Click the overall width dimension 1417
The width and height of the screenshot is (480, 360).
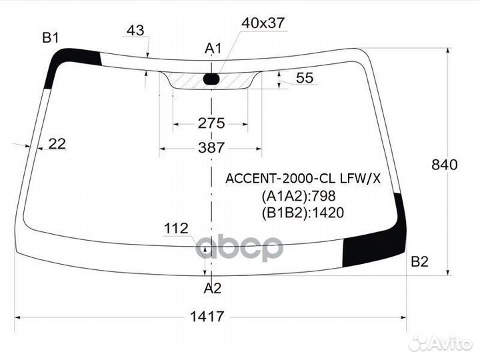pos(207,316)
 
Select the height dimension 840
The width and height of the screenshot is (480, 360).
pos(445,165)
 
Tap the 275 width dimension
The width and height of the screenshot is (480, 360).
pos(211,123)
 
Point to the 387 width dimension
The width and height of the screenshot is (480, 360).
pos(211,148)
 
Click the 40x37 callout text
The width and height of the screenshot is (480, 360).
pos(263,23)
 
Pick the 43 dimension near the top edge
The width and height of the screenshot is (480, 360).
pos(135,30)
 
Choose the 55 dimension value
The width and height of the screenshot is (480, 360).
pos(305,78)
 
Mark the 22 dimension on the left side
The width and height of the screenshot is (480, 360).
pos(57,144)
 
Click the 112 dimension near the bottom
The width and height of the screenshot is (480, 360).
pos(176,229)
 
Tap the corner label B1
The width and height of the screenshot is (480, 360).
pos(51,37)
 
